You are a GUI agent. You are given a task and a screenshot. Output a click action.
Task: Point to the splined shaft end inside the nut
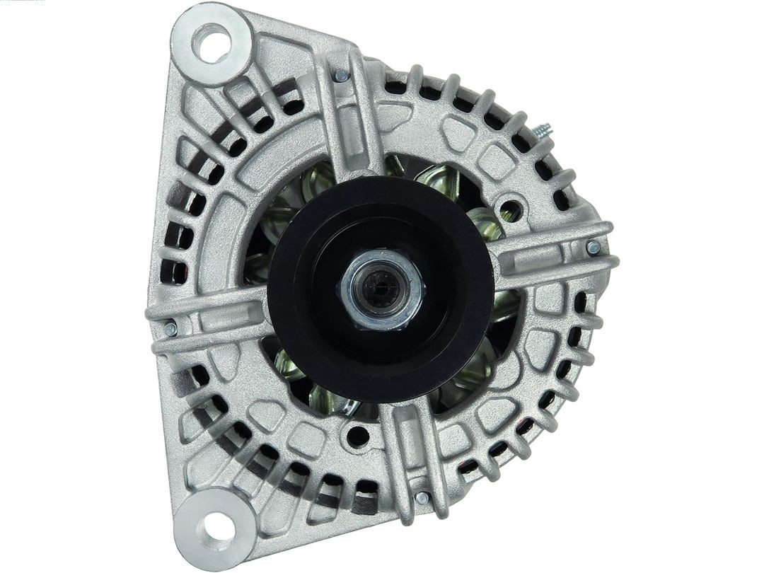(381, 286)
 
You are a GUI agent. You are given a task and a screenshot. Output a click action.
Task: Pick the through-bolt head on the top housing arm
(341, 75)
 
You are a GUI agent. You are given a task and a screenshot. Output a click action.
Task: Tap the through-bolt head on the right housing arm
(593, 248)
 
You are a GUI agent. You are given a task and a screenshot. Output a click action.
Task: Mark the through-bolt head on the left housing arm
(170, 328)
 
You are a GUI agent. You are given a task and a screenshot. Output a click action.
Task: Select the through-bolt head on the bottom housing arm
(422, 497)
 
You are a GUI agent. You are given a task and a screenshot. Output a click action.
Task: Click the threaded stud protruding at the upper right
(543, 132)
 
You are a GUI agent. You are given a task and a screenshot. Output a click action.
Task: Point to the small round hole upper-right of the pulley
(510, 210)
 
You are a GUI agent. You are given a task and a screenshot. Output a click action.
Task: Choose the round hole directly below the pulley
(357, 436)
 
